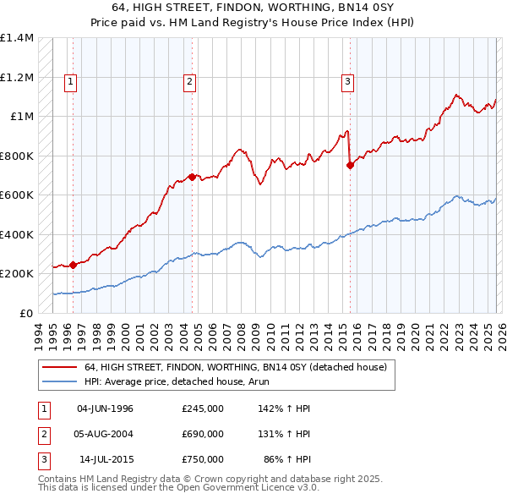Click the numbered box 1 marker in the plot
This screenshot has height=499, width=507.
coord(70,82)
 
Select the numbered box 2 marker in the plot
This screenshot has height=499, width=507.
coord(189,82)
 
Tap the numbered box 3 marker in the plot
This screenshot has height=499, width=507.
coord(347,82)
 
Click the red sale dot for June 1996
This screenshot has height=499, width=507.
coord(74,265)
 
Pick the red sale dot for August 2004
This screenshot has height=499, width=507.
coord(193,177)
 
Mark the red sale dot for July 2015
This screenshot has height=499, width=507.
coord(350,166)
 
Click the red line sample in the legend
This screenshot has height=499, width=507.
coord(59,367)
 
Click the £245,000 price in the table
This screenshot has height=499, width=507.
coord(202,409)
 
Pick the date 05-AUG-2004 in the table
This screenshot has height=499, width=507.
coord(105,434)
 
